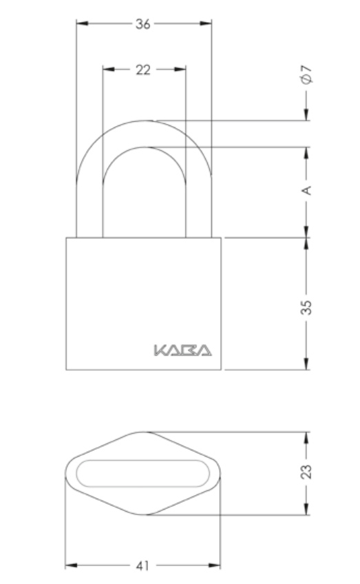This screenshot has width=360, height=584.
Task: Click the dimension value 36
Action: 143,24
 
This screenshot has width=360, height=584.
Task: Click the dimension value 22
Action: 143,70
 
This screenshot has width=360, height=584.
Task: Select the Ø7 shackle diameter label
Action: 306,74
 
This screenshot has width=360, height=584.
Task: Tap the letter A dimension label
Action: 306,190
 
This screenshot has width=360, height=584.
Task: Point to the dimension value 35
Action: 306,307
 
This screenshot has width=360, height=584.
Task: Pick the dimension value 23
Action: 306,472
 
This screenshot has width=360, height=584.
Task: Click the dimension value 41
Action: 142,566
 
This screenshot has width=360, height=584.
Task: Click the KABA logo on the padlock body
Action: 182,351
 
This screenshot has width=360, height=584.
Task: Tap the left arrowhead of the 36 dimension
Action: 83,23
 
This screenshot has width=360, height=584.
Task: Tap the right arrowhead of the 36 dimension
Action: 206,23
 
